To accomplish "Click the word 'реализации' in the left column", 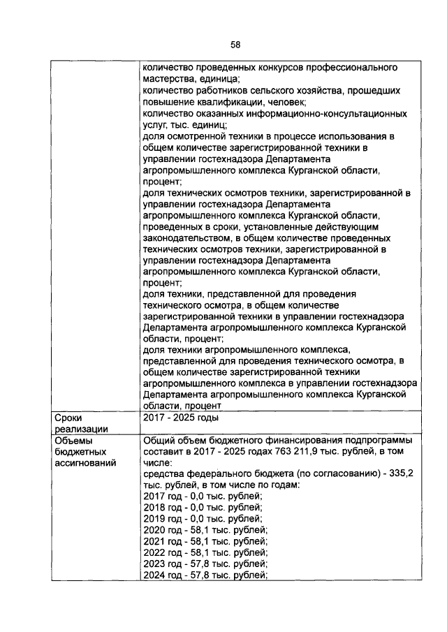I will point(80,429).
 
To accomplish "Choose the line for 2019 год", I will point(202,518).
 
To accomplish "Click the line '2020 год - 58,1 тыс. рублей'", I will point(205,529).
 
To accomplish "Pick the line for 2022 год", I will point(205,552).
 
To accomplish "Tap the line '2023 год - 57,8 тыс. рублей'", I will point(205,563).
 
